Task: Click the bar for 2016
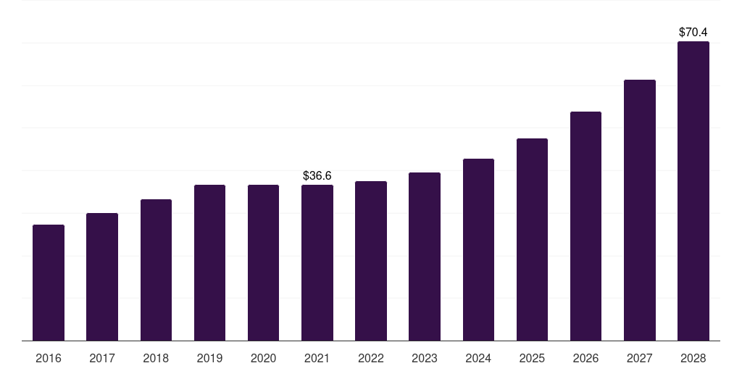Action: click(49, 283)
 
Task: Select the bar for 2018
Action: click(156, 270)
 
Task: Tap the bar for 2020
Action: click(263, 262)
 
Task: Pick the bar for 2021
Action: click(317, 262)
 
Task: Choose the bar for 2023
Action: click(425, 257)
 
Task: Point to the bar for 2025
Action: click(532, 239)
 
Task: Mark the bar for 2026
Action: click(585, 226)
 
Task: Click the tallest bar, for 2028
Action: click(693, 191)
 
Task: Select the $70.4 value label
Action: click(693, 32)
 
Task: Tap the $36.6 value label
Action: click(317, 175)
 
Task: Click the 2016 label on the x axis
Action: click(49, 358)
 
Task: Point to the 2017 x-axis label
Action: click(102, 358)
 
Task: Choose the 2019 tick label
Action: click(209, 358)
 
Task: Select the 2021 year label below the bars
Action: click(317, 358)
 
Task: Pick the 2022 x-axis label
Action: click(371, 358)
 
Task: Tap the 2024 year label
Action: click(478, 358)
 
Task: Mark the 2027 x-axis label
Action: click(639, 358)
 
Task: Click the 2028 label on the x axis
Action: click(693, 358)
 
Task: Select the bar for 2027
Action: click(639, 210)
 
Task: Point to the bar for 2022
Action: click(371, 261)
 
